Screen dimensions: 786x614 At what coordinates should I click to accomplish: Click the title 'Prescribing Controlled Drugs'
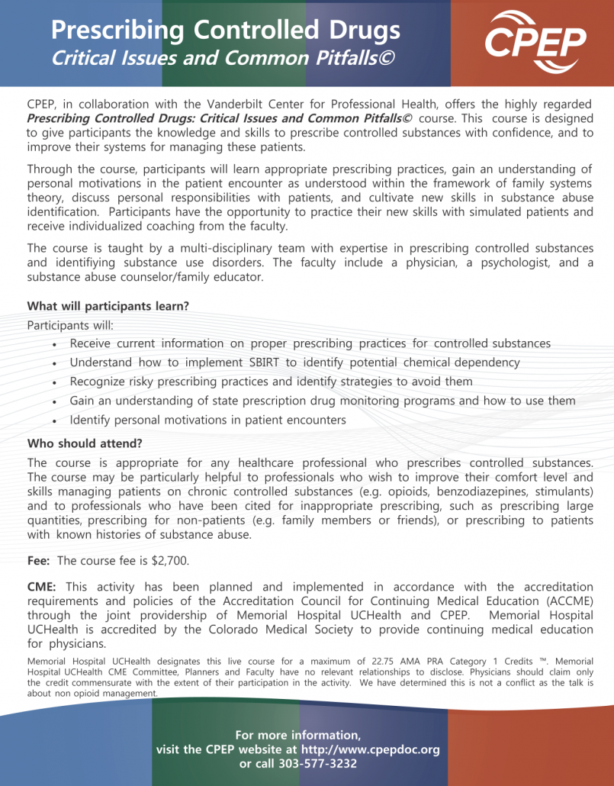(x=225, y=30)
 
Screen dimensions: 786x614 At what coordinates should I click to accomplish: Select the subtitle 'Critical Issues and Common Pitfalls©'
(x=223, y=57)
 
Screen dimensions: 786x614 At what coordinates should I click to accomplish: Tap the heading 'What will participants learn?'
(x=108, y=306)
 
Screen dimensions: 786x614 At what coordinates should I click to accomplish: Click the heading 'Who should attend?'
(x=85, y=443)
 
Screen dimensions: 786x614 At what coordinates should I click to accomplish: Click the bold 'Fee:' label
(x=39, y=561)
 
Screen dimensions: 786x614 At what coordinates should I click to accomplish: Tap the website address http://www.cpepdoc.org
(x=371, y=749)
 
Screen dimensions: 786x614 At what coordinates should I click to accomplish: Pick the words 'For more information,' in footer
(x=297, y=735)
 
